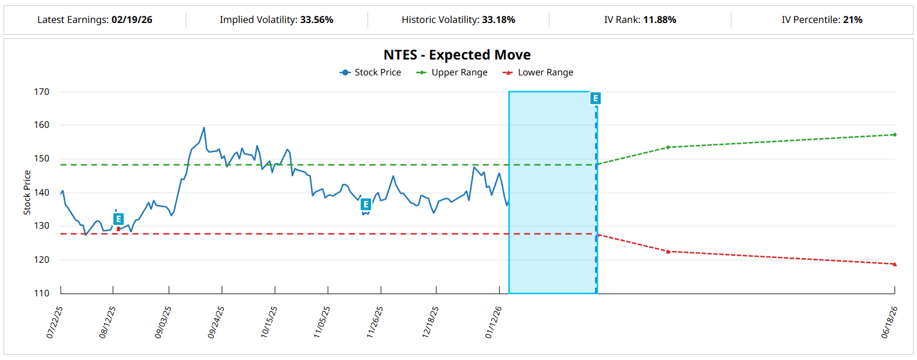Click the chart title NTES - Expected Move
coord(457,55)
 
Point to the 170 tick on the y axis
coord(42,92)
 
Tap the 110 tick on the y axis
coord(42,293)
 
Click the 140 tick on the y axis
coord(42,193)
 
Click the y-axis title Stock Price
coord(27,193)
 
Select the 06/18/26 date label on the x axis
coord(889,321)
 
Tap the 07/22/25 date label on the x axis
coord(55,321)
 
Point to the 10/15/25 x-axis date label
coord(269,321)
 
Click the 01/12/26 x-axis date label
coord(494,321)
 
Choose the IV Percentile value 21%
coord(852,20)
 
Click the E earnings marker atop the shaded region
coord(595,98)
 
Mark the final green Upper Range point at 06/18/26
coord(894,134)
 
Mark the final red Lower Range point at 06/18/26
coord(894,264)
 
